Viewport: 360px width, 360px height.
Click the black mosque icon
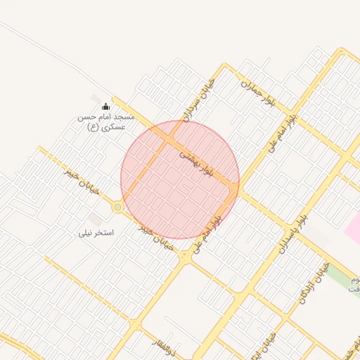pyautogui.click(x=105, y=106)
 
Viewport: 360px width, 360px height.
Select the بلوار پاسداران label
pyautogui.click(x=292, y=232)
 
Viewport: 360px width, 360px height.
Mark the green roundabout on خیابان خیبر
pyautogui.click(x=117, y=207)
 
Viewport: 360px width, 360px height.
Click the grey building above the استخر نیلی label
pyautogui.click(x=96, y=219)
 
